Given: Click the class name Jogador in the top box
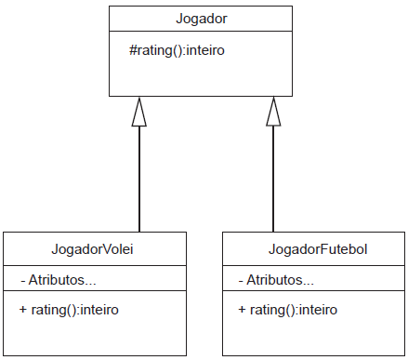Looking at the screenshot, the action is tap(202, 19).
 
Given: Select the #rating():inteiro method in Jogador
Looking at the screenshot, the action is tap(177, 50).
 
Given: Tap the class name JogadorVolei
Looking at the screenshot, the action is tap(92, 249).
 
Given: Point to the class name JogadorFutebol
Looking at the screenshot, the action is tap(318, 249).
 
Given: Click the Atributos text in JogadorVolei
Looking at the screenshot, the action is tap(62, 280).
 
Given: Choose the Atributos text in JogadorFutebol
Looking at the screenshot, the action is tap(280, 280).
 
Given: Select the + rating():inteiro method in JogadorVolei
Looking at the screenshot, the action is tap(69, 310).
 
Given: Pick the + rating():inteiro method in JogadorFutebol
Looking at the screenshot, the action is tap(288, 310).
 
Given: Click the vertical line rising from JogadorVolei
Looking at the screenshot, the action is tap(139, 179).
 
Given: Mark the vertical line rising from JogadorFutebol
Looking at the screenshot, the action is tap(273, 179).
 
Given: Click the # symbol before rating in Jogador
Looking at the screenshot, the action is tap(133, 50).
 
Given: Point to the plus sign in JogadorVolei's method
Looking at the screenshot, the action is tap(23, 309).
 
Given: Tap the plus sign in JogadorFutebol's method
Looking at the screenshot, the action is tap(242, 309).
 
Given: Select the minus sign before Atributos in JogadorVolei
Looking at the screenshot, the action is tap(23, 281).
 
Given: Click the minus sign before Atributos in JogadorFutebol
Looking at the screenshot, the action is tap(241, 281).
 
